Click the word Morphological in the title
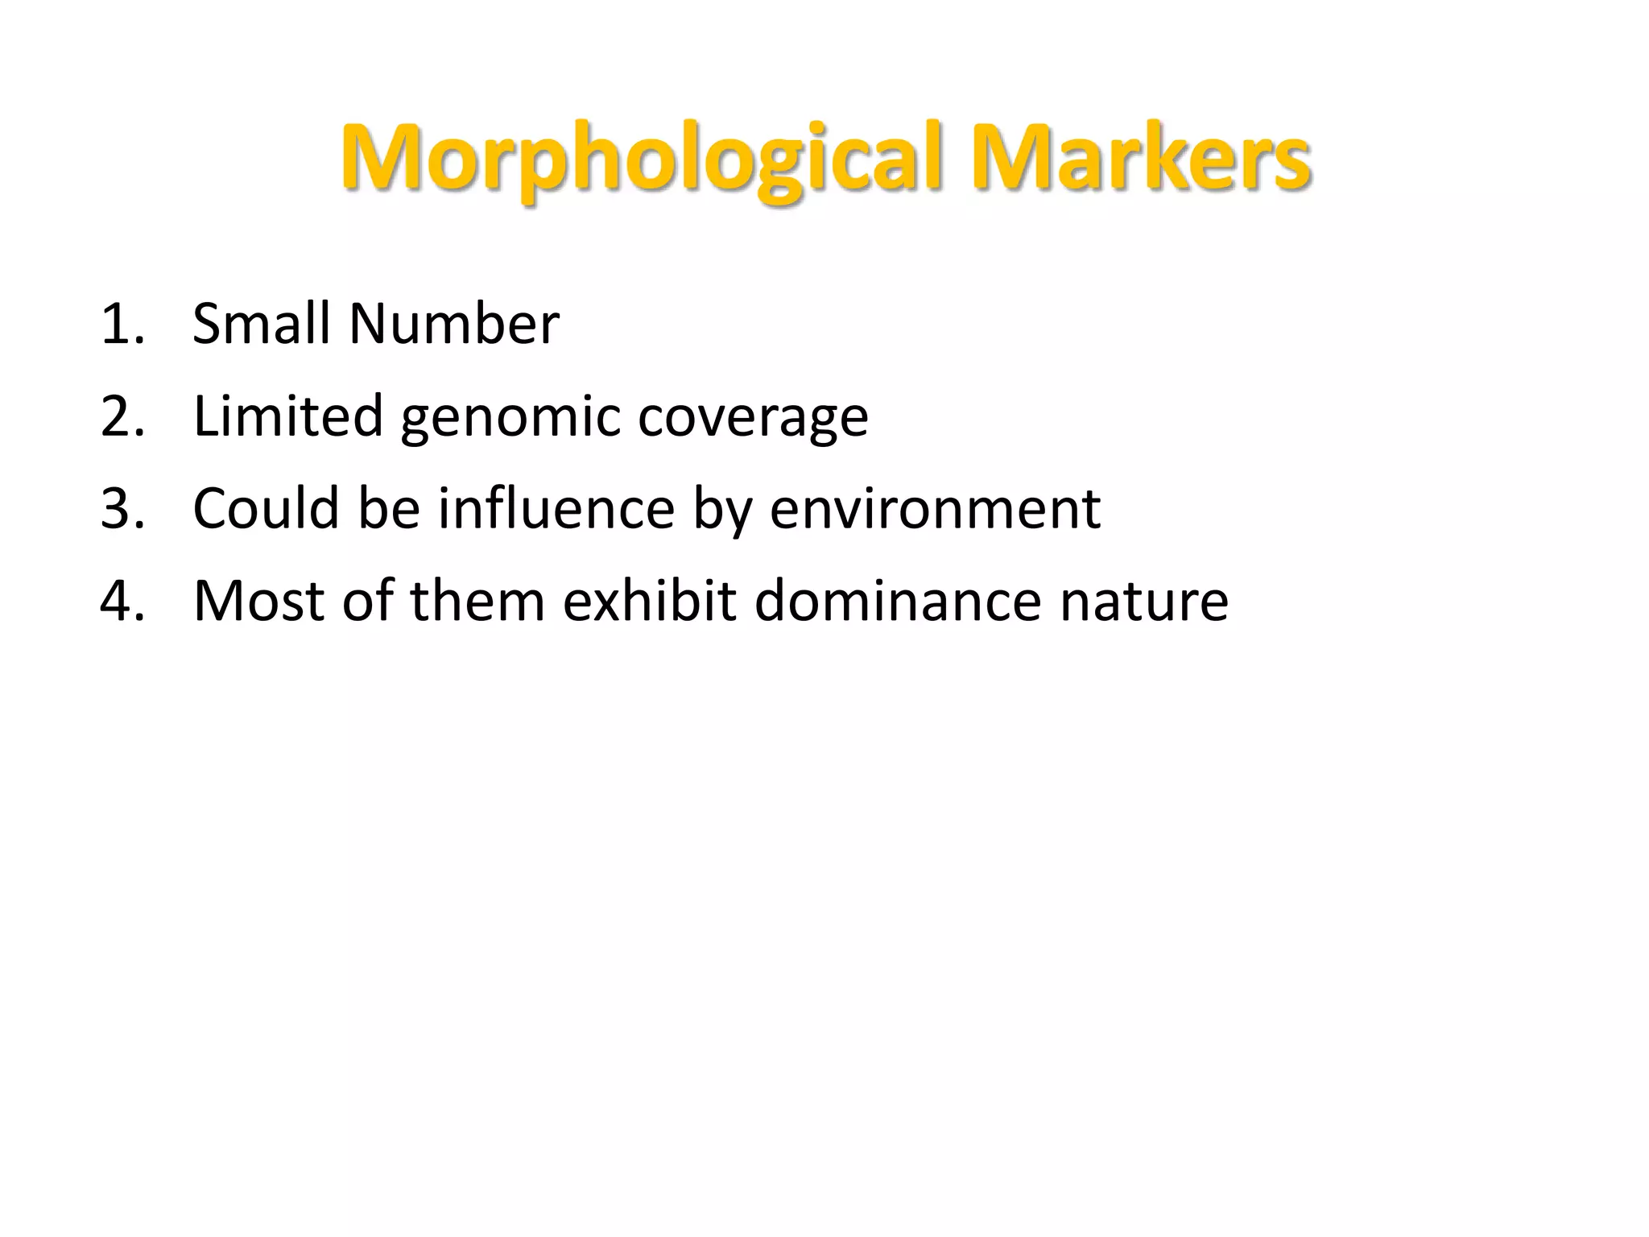pos(641,158)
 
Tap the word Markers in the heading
pos(1141,158)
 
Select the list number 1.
pos(122,324)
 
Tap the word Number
pos(454,324)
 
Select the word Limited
pos(288,416)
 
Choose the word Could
pos(267,509)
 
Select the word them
pos(477,602)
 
